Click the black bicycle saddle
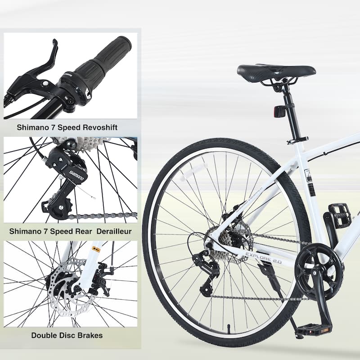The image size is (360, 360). [x=275, y=72]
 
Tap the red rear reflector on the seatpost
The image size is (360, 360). [x=279, y=111]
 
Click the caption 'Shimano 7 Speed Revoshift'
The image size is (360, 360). [x=67, y=127]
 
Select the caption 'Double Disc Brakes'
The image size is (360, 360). [x=67, y=335]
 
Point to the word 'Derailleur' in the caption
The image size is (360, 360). [x=110, y=231]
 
